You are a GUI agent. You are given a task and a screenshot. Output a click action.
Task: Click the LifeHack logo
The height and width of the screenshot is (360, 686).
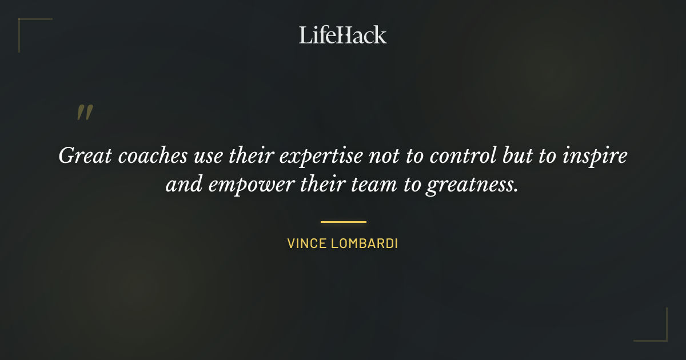tap(343, 35)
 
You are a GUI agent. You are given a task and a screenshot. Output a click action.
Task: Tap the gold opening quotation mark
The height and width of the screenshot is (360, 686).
tap(84, 113)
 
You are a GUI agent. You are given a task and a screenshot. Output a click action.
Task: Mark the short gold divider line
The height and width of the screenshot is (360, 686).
tap(343, 222)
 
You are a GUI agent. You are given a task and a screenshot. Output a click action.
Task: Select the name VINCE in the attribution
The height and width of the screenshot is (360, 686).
tap(306, 243)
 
